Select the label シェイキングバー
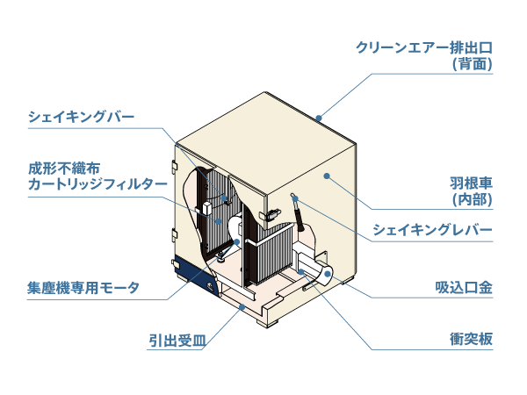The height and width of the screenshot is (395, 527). click(x=82, y=116)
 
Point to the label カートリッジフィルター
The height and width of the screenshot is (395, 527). click(x=97, y=184)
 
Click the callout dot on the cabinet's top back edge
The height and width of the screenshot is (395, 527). click(x=321, y=116)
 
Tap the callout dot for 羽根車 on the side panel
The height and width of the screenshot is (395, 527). click(x=326, y=177)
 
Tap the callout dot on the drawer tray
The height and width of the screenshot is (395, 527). click(x=242, y=307)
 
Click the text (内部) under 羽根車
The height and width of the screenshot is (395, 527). click(x=471, y=200)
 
